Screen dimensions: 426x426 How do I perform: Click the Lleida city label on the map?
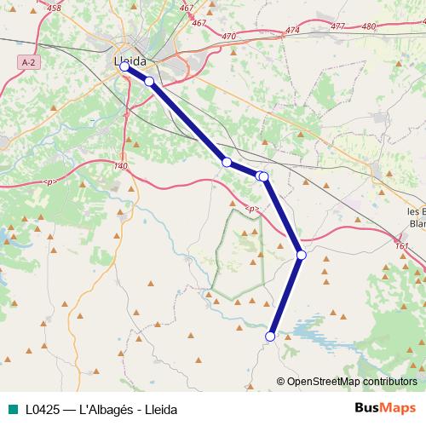(130, 62)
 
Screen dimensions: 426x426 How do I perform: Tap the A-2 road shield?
(29, 62)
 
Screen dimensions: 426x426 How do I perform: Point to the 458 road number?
(55, 8)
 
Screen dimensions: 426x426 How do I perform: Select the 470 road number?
(227, 37)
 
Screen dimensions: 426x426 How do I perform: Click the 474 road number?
(293, 30)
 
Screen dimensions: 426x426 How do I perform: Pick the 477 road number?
(338, 26)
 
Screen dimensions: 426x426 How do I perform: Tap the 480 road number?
(368, 26)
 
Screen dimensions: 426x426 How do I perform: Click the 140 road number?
(120, 165)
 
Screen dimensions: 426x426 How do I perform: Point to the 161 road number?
(402, 246)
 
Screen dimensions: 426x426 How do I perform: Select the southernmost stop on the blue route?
(271, 337)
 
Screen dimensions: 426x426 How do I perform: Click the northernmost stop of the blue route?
(124, 66)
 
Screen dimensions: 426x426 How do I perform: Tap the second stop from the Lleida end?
(149, 81)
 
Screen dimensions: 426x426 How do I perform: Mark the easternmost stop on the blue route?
(302, 255)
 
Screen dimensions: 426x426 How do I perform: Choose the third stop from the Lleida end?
(227, 162)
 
